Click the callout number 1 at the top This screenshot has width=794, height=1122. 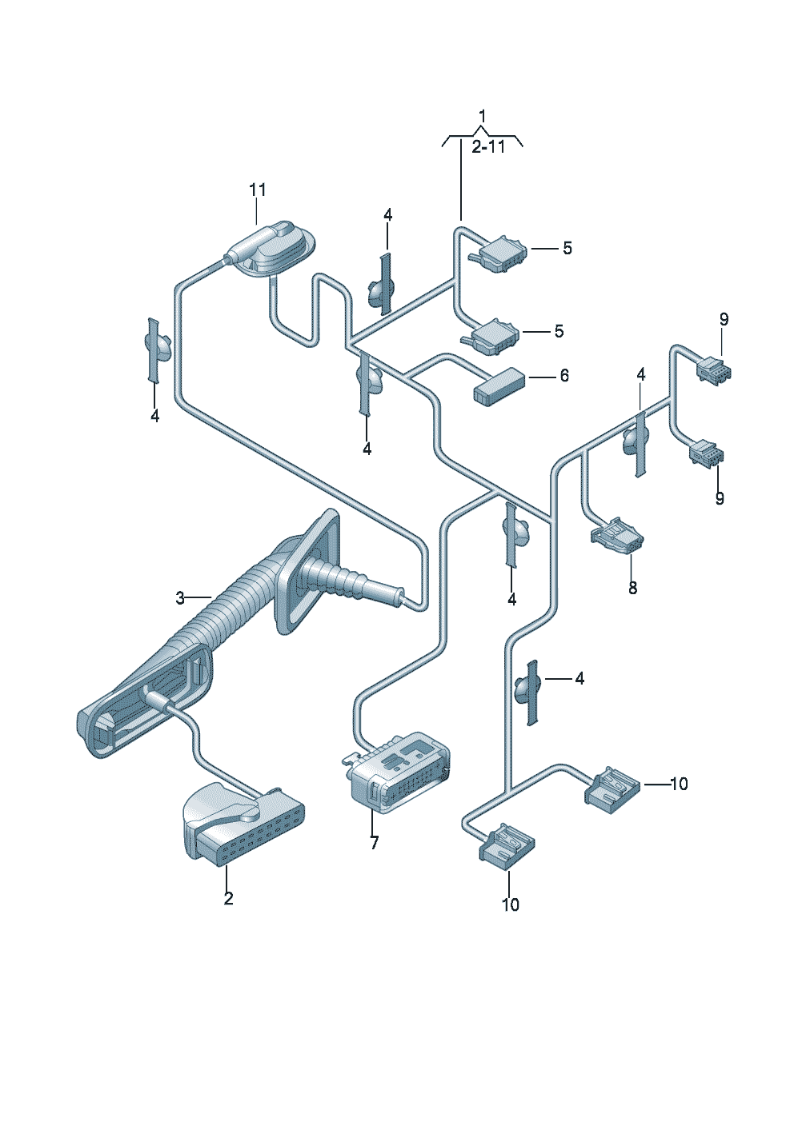click(x=482, y=117)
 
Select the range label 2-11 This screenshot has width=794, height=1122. click(x=488, y=147)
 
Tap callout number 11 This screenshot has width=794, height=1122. click(x=258, y=190)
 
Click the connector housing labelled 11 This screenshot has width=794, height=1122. click(x=275, y=249)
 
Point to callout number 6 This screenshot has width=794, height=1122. click(x=564, y=375)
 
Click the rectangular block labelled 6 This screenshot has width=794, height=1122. click(x=499, y=385)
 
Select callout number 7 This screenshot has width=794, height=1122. click(x=374, y=842)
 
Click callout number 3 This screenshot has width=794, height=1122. click(x=180, y=598)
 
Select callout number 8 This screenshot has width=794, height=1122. click(x=632, y=588)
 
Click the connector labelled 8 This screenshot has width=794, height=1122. click(x=618, y=537)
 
